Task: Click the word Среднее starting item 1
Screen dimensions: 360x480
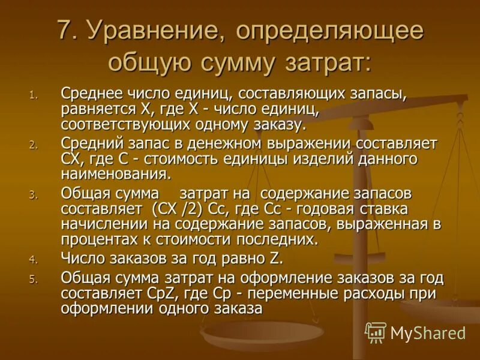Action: click(x=91, y=94)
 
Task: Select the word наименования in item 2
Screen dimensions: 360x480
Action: click(x=114, y=174)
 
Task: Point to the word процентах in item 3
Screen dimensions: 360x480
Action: click(x=97, y=239)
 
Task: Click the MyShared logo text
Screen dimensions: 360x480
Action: click(x=428, y=332)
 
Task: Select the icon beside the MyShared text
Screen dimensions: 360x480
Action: click(x=376, y=332)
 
